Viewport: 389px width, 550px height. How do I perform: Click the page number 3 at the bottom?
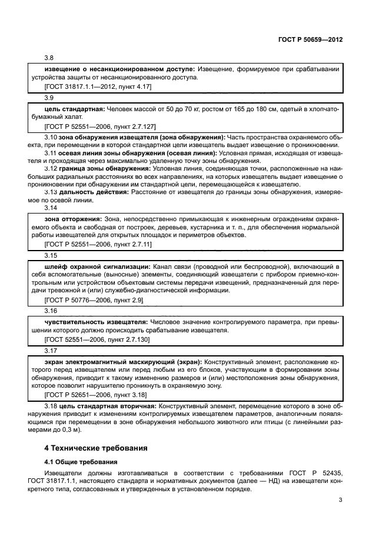(x=340, y=501)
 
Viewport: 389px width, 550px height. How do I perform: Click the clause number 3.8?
(x=49, y=58)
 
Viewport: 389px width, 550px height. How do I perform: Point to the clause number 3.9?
(x=49, y=98)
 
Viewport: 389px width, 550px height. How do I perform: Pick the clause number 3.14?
(x=51, y=208)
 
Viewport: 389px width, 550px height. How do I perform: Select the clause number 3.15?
(x=51, y=256)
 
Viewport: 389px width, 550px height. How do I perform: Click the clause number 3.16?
(x=51, y=310)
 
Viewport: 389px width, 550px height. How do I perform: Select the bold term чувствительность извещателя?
(x=97, y=322)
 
